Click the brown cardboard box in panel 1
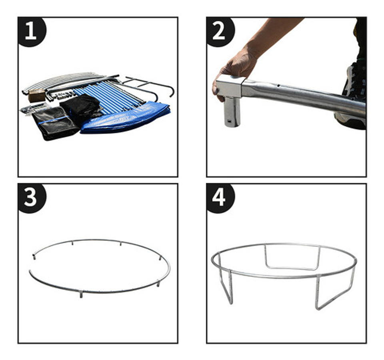[x=36, y=96]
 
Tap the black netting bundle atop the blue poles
[x=80, y=107]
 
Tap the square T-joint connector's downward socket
[x=232, y=114]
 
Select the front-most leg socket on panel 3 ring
[x=82, y=295]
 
